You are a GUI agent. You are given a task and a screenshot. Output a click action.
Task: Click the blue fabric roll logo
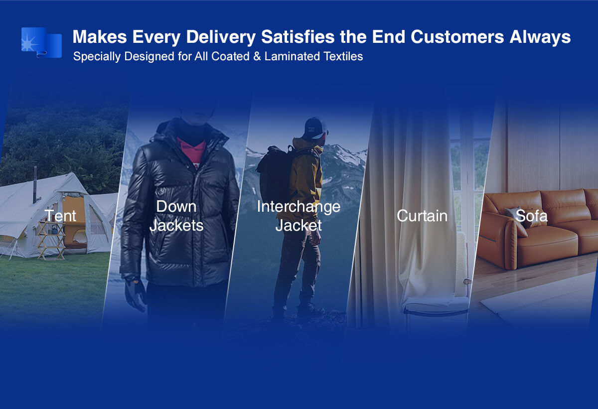tap(42, 42)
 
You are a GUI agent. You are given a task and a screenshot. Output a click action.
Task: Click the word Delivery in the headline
tap(221, 37)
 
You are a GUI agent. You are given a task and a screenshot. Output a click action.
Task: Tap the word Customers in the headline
tap(457, 36)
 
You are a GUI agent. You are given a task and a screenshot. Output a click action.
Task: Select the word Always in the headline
tap(540, 37)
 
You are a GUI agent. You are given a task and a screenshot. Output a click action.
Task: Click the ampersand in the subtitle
tap(257, 56)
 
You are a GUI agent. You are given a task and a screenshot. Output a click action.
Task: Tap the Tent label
tap(60, 216)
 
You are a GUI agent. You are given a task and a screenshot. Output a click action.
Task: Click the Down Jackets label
tap(176, 216)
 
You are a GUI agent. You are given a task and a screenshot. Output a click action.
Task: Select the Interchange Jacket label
tap(299, 216)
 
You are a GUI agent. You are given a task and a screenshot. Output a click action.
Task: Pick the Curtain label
tap(422, 216)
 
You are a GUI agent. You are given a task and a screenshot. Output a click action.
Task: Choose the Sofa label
tap(531, 216)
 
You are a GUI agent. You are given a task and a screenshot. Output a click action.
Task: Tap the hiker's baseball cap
tap(316, 128)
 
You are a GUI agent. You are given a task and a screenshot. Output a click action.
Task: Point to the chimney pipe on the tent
tap(35, 184)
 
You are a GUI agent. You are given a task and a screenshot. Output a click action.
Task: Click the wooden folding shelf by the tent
tap(51, 240)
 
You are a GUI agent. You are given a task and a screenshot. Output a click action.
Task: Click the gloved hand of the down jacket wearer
tap(136, 294)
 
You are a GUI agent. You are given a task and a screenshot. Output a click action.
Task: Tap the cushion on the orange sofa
tap(516, 218)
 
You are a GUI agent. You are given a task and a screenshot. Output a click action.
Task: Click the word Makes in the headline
tap(100, 36)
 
